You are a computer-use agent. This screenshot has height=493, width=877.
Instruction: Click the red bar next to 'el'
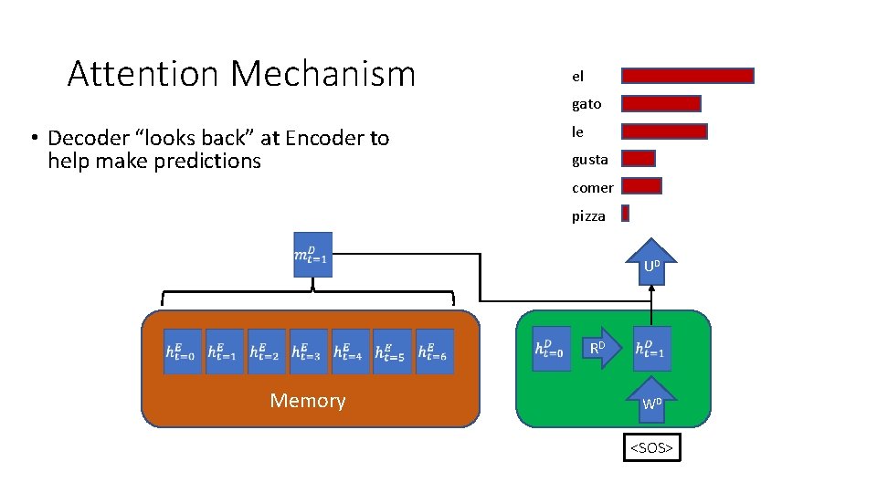coord(688,76)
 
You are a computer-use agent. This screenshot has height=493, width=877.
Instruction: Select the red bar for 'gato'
coord(661,104)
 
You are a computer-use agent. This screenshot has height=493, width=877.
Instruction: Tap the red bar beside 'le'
coord(664,131)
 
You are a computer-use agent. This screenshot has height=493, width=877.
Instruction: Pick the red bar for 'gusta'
coord(639,159)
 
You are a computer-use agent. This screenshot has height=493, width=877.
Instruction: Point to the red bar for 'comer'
coord(641,186)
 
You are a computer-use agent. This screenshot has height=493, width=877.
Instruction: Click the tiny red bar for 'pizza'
coord(626,214)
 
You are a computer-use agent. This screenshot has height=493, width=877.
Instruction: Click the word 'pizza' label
coord(588,216)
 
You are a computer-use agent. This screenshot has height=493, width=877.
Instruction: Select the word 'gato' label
coord(586,105)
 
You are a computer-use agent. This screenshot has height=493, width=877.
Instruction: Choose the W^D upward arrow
coord(651,400)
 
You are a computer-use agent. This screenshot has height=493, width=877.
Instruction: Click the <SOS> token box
coord(651,448)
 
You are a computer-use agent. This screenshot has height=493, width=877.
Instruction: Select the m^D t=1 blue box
coord(312,255)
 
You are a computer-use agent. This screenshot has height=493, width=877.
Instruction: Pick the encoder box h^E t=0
coord(180,351)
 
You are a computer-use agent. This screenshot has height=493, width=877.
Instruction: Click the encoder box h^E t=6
coord(434,351)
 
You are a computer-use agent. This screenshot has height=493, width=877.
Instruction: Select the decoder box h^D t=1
coord(651,349)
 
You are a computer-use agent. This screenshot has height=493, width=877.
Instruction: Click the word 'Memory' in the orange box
coord(308,401)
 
